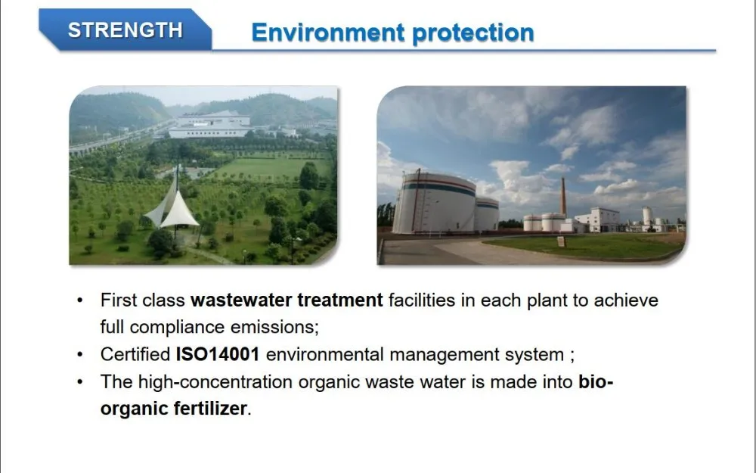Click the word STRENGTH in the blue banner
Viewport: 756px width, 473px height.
click(125, 30)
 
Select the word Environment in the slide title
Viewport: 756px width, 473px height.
click(328, 33)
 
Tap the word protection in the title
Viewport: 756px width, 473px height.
click(473, 33)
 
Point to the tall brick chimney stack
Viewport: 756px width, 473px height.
click(563, 197)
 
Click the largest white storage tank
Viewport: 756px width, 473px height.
click(434, 203)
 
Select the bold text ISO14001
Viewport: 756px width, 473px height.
click(218, 354)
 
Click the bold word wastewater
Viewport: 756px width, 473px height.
click(241, 300)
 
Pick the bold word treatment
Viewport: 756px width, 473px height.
click(340, 300)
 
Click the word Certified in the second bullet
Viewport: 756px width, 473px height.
click(135, 354)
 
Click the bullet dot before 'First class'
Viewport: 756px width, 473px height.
click(80, 300)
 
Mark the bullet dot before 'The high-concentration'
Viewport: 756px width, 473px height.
click(80, 381)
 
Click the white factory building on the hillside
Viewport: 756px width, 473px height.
click(209, 126)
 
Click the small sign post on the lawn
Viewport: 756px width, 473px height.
click(561, 241)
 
